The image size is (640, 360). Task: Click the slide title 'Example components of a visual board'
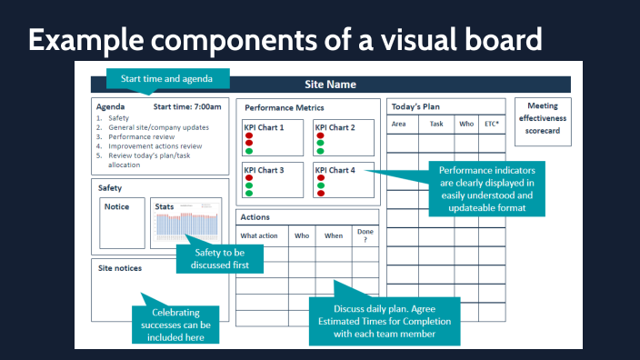285,39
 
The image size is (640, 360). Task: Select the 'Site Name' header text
330,85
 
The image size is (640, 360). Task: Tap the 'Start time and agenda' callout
166,78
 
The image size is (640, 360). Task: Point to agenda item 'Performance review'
143,136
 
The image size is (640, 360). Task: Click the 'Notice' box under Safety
121,224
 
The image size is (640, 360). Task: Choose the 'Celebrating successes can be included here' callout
177,325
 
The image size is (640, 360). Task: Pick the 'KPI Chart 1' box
272,136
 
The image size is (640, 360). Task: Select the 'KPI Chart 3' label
264,170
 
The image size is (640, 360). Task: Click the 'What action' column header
259,236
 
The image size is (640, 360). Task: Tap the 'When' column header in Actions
334,236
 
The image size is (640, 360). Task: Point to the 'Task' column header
436,124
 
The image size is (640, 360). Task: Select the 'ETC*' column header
492,124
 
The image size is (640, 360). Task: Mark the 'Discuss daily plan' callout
384,321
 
